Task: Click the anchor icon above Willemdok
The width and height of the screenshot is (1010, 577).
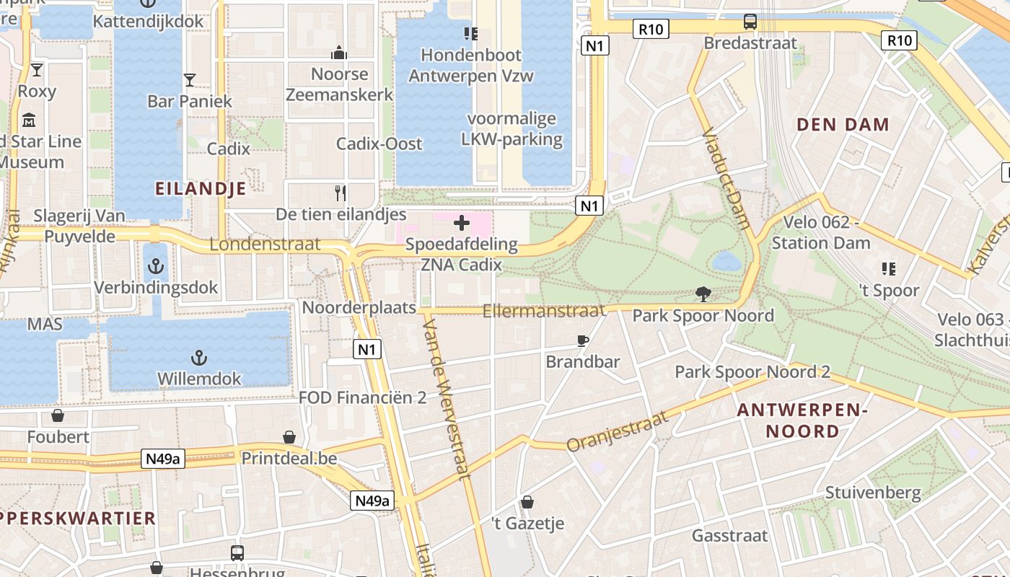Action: (x=198, y=358)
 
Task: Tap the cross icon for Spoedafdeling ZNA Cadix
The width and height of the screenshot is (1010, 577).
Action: (x=462, y=223)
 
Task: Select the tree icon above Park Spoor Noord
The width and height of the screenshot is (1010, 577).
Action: (x=703, y=294)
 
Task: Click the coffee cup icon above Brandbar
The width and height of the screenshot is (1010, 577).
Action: (x=583, y=340)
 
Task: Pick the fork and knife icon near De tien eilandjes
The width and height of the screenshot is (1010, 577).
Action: (x=341, y=193)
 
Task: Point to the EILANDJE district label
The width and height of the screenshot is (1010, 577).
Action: (x=201, y=189)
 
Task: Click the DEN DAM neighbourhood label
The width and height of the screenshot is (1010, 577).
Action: (x=843, y=125)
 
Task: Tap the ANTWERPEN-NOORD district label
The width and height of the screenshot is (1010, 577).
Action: (x=802, y=420)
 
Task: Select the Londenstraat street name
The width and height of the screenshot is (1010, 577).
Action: (x=265, y=245)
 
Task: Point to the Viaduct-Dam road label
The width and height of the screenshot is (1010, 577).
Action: (x=726, y=177)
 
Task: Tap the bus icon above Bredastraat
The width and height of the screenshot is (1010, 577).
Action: (x=750, y=22)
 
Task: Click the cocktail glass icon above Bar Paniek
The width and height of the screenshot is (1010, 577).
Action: (x=190, y=79)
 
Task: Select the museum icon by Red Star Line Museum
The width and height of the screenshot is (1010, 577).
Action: (x=29, y=120)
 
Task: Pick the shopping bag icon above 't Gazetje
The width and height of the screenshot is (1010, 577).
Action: (x=527, y=502)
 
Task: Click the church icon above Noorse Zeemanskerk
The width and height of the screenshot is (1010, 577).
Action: (x=339, y=53)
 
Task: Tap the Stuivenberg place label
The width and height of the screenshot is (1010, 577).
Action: (x=873, y=493)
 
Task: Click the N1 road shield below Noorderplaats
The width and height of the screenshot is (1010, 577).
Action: (x=368, y=350)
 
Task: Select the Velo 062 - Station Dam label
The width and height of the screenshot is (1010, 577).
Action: (x=821, y=232)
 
